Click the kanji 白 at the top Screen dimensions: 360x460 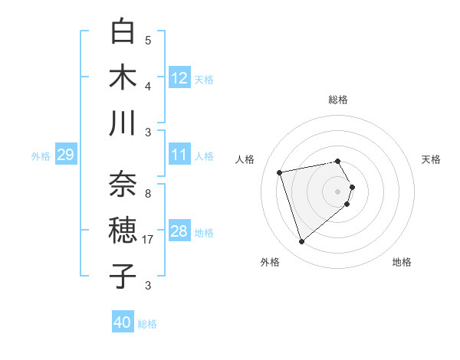pos(123,31)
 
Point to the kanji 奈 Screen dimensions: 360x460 pos(123,185)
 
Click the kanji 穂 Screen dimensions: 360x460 pos(123,231)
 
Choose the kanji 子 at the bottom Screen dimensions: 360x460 pos(123,277)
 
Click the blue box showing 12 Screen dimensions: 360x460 pos(179,78)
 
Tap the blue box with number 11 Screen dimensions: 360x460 pos(179,155)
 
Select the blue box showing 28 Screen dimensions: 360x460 pos(179,231)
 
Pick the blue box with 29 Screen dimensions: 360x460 pos(65,155)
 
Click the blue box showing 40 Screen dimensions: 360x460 pos(123,323)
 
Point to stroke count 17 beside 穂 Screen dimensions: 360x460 pos(148,240)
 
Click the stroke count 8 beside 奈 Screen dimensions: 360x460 pos(148,193)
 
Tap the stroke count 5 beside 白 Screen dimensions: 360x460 pos(148,40)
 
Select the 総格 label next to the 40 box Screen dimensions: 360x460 pos(148,324)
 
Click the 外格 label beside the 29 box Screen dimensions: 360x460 pos(41,156)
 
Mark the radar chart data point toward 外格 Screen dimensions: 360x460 pos(302,242)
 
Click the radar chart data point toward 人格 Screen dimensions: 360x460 pos(280,172)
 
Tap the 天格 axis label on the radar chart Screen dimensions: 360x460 pos(432,159)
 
